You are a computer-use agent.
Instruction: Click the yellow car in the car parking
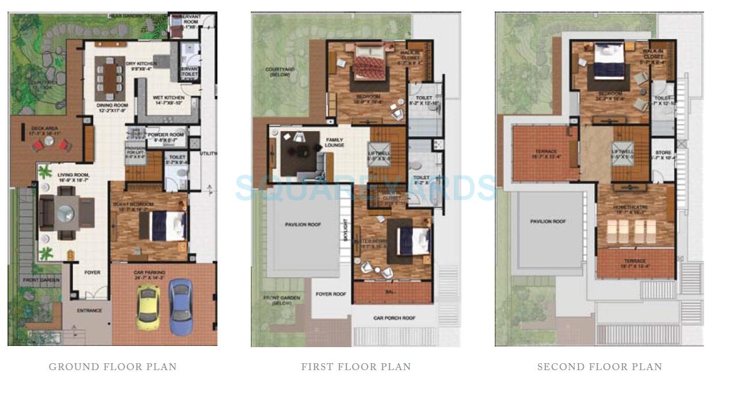pos(148,307)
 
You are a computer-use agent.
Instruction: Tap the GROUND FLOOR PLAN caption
pos(113,367)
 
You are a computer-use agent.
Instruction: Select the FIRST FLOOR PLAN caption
pos(356,367)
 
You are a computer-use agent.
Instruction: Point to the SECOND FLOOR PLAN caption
pos(599,367)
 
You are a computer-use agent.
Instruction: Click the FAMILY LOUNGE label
pos(334,143)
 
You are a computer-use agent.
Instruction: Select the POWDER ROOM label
pos(166,135)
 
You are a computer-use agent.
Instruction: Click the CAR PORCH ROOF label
pos(394,318)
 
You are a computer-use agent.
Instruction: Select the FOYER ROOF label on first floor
pos(331,294)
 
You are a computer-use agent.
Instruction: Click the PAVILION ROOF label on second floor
pos(548,221)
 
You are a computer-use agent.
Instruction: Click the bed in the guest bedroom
pos(167,226)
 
